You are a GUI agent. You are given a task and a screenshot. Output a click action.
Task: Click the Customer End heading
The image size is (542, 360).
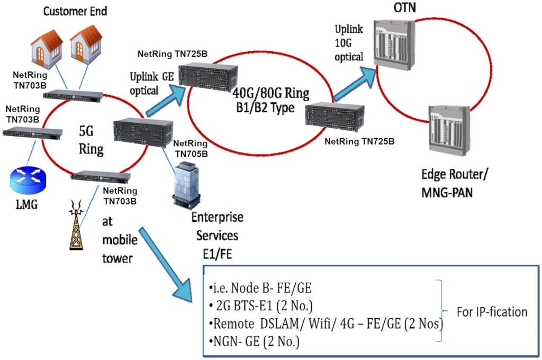click(75, 10)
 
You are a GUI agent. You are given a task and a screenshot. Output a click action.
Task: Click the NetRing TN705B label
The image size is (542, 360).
click(190, 148)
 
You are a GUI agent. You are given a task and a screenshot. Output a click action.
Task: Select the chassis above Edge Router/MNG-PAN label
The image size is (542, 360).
click(449, 130)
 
